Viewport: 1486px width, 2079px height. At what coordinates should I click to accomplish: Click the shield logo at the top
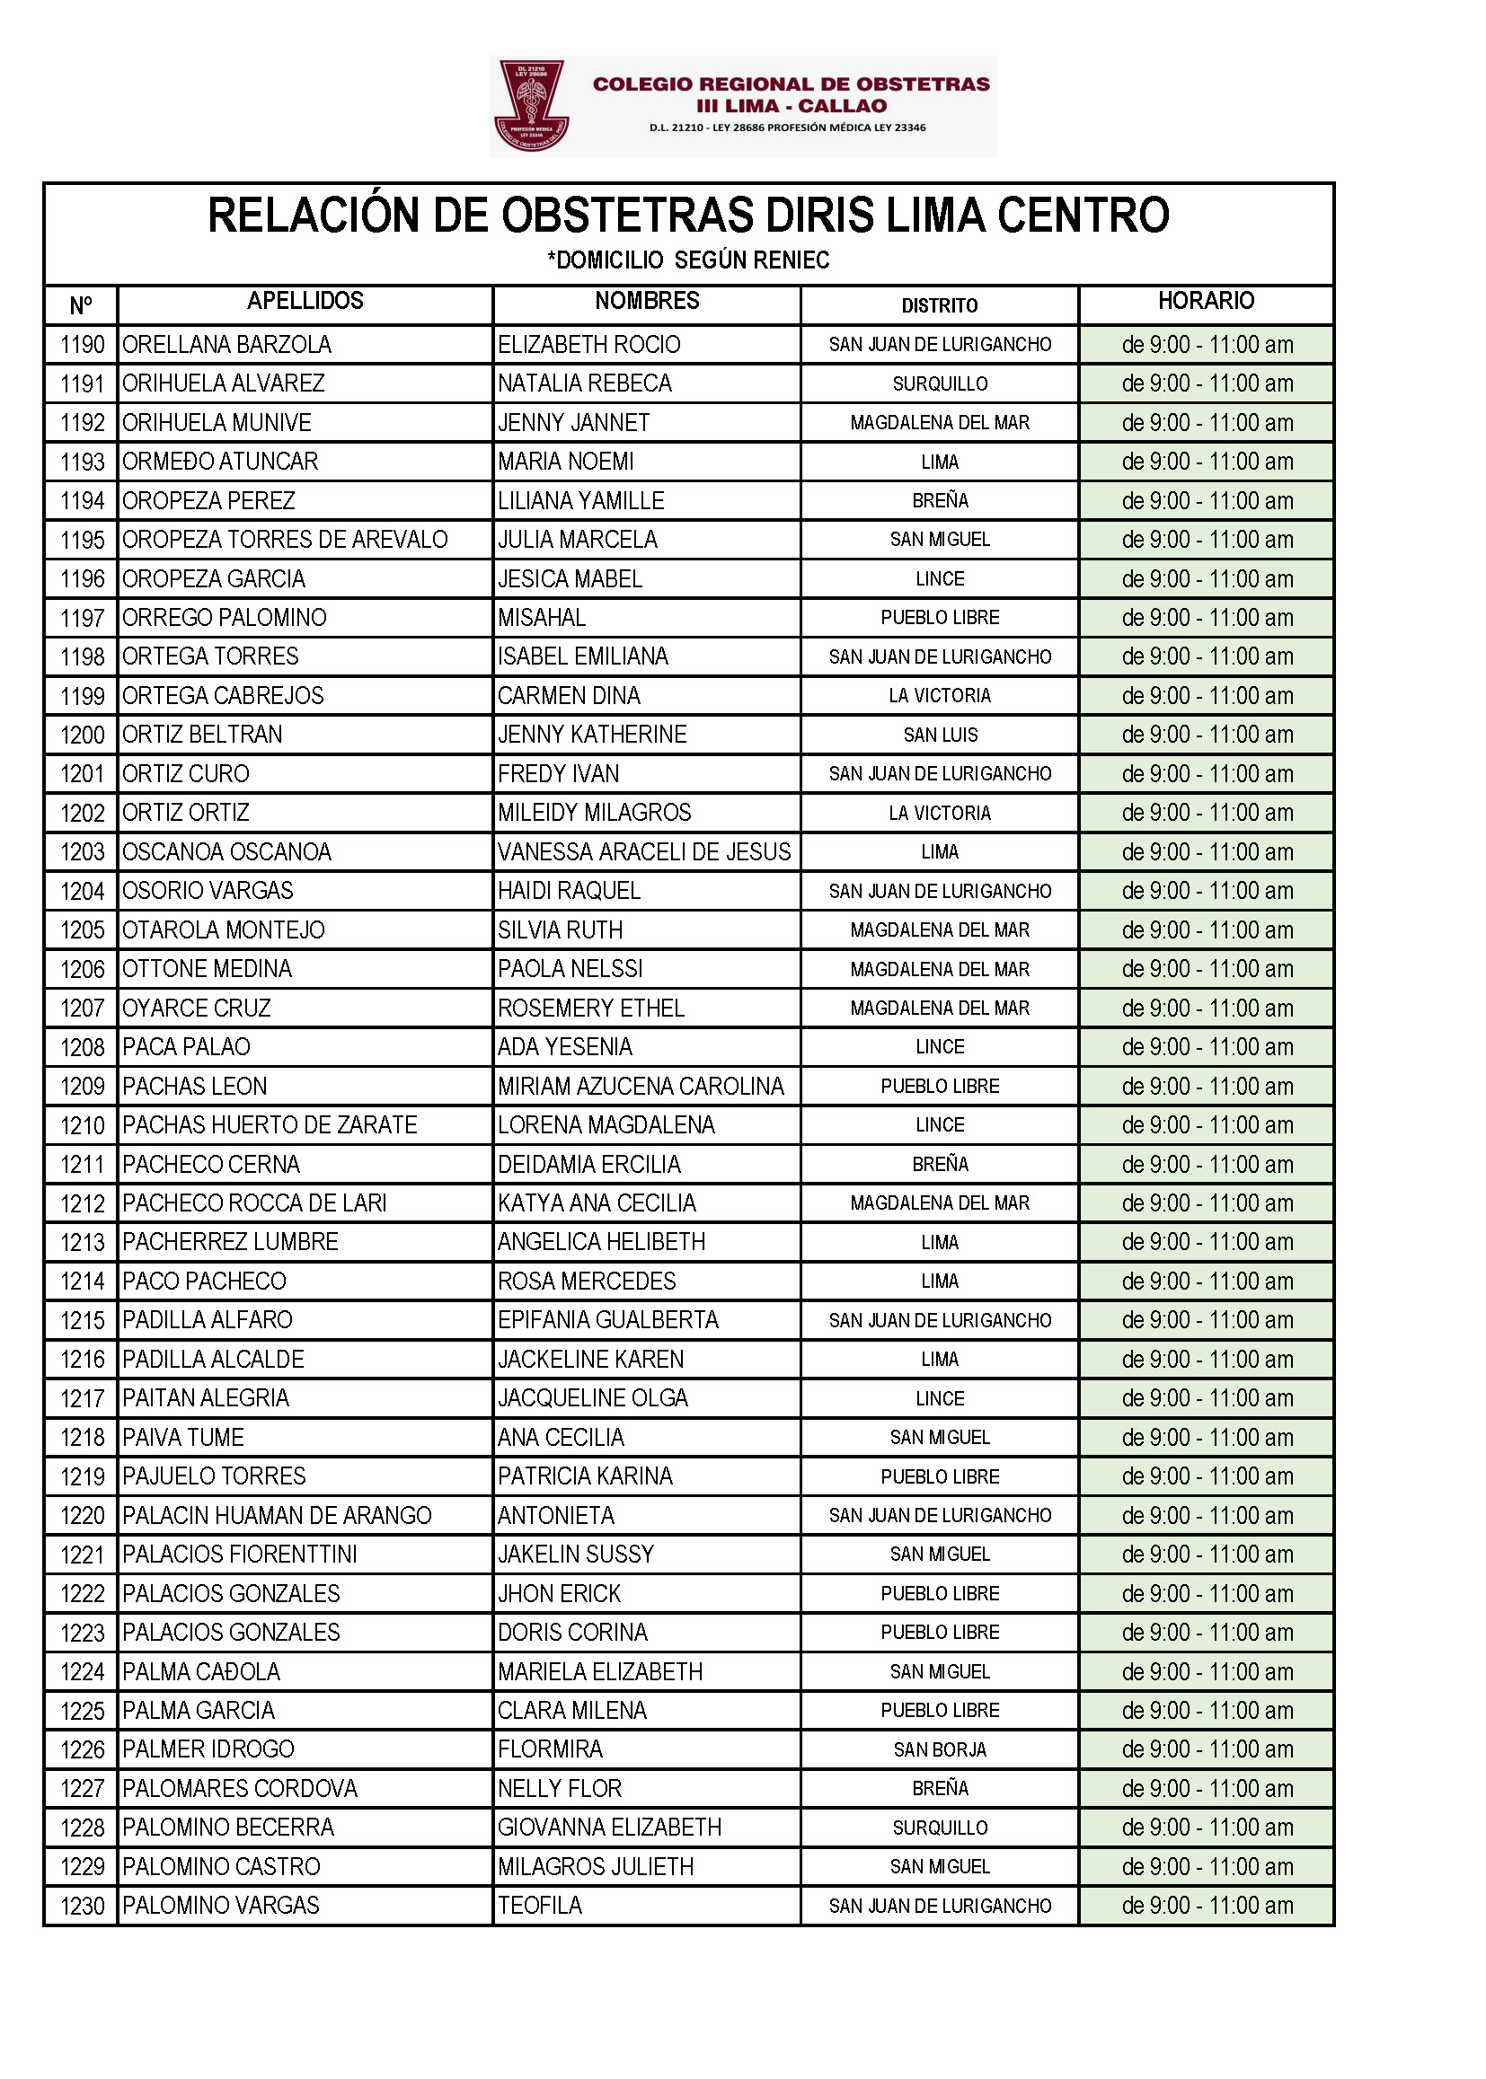pyautogui.click(x=531, y=105)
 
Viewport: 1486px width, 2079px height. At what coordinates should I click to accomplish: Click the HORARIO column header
pyautogui.click(x=1205, y=301)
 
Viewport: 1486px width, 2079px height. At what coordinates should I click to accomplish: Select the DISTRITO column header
pyautogui.click(x=939, y=305)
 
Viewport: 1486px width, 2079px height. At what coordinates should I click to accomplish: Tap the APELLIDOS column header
pyautogui.click(x=305, y=301)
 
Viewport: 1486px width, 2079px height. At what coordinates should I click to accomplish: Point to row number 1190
pyautogui.click(x=83, y=345)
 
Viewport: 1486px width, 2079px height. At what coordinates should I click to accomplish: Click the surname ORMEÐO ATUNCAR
pyautogui.click(x=220, y=462)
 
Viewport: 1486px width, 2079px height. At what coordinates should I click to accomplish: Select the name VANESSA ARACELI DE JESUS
pyautogui.click(x=643, y=852)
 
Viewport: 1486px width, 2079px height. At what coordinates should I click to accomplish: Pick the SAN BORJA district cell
pyautogui.click(x=940, y=1750)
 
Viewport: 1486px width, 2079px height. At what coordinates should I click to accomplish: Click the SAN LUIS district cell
pyautogui.click(x=940, y=736)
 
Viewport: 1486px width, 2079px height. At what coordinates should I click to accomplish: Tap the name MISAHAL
pyautogui.click(x=542, y=618)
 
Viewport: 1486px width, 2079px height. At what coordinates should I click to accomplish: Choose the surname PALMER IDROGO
pyautogui.click(x=208, y=1749)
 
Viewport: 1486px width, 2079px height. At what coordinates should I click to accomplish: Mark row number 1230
pyautogui.click(x=83, y=1907)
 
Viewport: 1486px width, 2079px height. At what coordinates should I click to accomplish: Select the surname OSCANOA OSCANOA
pyautogui.click(x=227, y=852)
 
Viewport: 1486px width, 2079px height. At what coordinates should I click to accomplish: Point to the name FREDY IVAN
pyautogui.click(x=558, y=774)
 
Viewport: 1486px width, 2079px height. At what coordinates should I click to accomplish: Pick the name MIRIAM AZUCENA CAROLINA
pyautogui.click(x=641, y=1087)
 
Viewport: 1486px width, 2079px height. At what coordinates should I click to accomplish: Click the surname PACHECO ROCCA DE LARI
pyautogui.click(x=254, y=1203)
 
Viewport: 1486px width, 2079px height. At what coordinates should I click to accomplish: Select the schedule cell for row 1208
pyautogui.click(x=1207, y=1047)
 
